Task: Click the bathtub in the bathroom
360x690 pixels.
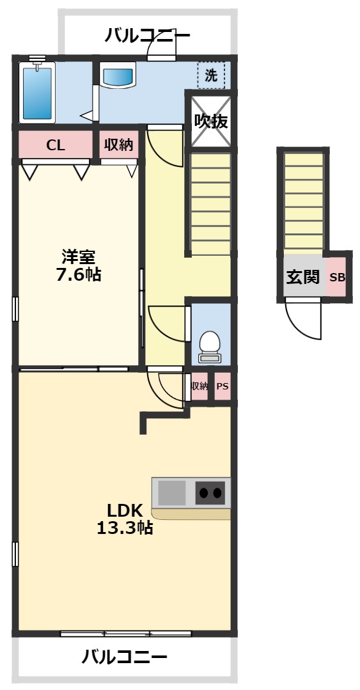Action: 38,93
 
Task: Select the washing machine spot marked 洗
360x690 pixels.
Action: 211,75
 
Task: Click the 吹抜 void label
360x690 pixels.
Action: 211,121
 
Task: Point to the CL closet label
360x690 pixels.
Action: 56,145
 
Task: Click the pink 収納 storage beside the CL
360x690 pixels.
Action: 118,145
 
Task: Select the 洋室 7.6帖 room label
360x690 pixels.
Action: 78,266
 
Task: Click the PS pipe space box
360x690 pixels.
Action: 222,386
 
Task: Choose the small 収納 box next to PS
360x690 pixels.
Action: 200,386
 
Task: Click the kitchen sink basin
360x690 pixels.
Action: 171,492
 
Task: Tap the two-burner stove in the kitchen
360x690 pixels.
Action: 210,492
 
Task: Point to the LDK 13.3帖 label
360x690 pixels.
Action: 124,519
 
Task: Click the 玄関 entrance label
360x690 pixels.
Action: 302,277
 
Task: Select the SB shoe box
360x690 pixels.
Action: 336,278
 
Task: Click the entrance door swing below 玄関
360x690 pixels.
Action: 303,318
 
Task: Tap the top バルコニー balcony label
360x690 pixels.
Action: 148,36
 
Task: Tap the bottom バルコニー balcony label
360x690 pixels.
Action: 125,657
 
